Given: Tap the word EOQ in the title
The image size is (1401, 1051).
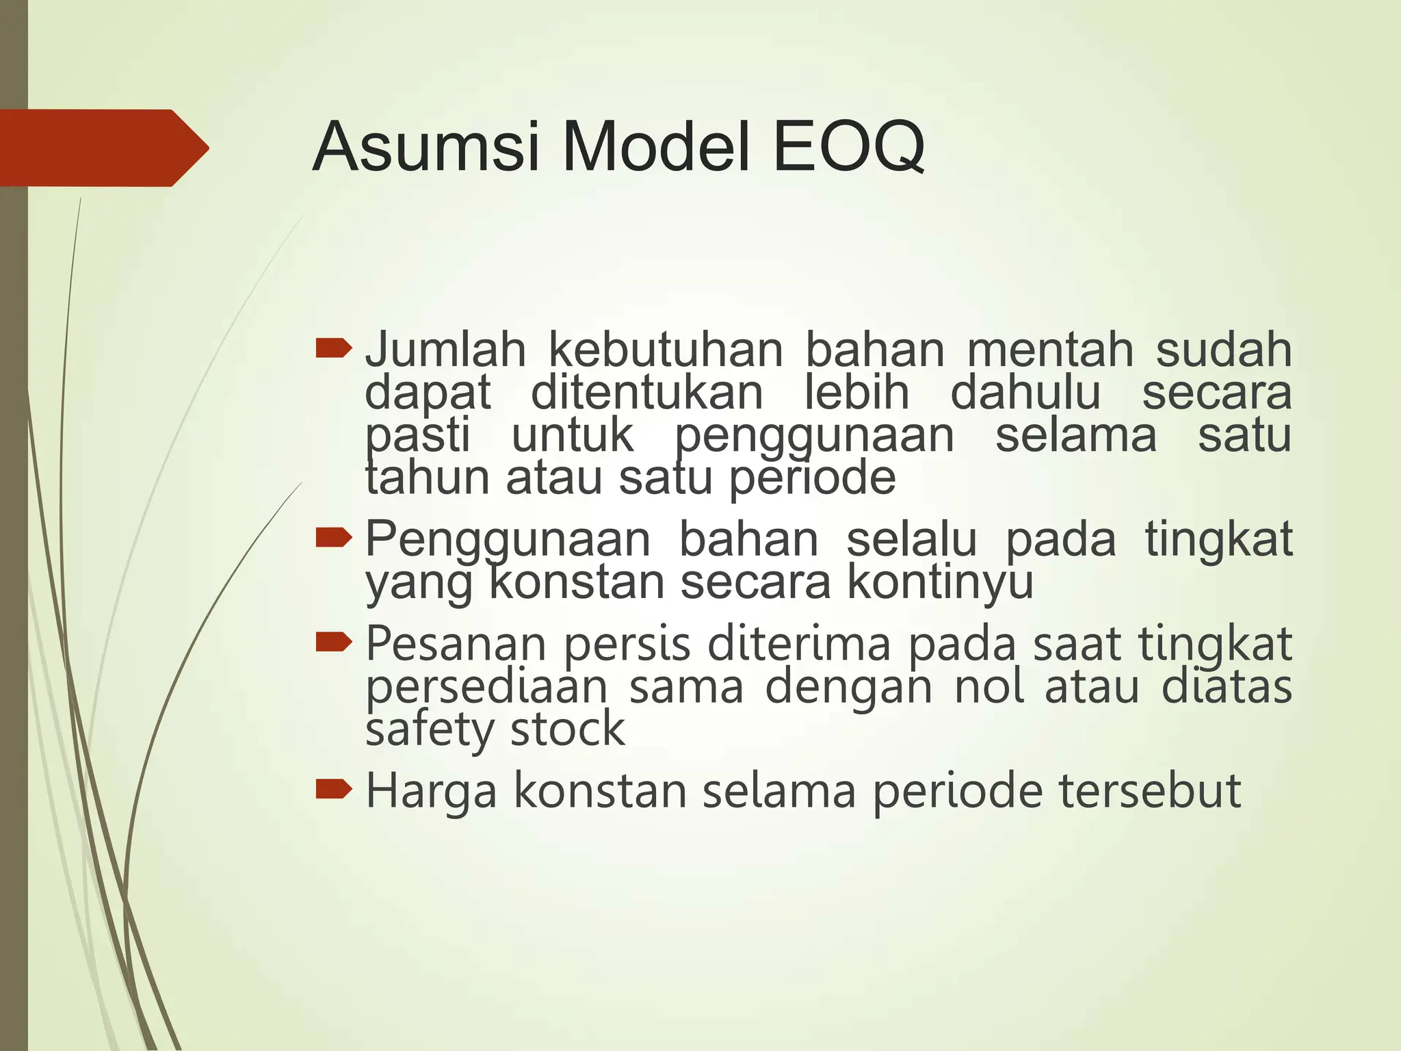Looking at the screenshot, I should [x=849, y=147].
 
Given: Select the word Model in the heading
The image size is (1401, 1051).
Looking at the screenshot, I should [x=656, y=147].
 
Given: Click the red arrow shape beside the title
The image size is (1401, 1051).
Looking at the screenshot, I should [x=103, y=148].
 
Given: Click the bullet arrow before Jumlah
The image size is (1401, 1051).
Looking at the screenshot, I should [x=334, y=349].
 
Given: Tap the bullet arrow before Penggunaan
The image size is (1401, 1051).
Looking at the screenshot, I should [x=334, y=539].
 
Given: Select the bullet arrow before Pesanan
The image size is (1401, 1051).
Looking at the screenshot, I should [x=334, y=643].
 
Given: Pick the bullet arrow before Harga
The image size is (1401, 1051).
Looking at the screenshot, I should [x=334, y=790].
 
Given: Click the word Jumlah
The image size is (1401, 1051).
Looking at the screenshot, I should [x=445, y=350].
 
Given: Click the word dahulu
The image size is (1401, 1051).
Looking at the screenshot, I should [x=1025, y=393].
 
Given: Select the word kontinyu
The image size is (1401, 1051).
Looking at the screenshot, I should [x=940, y=583].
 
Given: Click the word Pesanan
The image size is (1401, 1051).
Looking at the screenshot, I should [x=456, y=645].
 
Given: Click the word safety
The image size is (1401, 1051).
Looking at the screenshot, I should [x=428, y=730].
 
